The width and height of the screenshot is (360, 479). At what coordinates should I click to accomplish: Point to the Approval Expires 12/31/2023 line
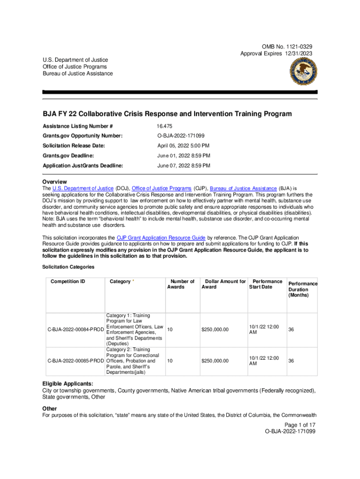click(x=276, y=54)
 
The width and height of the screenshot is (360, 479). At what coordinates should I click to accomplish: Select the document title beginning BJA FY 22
click(x=167, y=114)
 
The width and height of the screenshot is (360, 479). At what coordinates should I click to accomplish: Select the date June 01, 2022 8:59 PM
click(x=183, y=155)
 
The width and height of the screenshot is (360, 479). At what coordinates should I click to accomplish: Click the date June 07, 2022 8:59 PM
click(x=183, y=166)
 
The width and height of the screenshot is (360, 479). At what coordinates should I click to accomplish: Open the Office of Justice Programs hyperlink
click(x=161, y=188)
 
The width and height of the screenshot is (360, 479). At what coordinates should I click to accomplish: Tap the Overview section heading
click(x=55, y=181)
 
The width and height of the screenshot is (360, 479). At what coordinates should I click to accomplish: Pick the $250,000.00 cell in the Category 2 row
click(x=215, y=361)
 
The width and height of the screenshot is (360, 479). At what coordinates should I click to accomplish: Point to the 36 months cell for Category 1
click(x=291, y=330)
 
